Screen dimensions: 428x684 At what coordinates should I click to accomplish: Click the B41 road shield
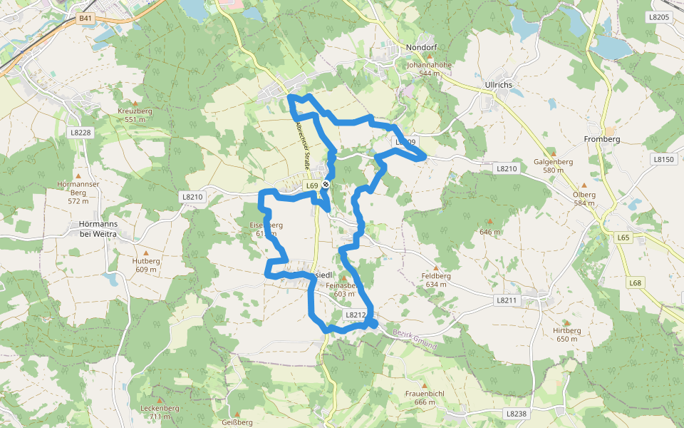(85, 18)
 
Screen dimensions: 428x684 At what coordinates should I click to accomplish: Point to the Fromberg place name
(602, 138)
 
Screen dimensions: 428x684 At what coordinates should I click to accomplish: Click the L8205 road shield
(660, 17)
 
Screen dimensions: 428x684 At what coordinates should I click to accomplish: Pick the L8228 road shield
(81, 133)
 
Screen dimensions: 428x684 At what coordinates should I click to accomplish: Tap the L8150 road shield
(663, 160)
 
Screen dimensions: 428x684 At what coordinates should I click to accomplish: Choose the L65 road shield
(624, 237)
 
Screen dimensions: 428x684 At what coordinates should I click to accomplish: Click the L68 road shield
(636, 283)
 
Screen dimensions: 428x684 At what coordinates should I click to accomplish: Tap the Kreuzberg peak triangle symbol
(135, 103)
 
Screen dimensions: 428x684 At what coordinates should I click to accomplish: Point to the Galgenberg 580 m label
(553, 165)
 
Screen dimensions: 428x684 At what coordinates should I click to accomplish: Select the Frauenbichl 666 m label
(425, 398)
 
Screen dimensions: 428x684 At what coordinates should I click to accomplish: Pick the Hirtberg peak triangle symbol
(567, 322)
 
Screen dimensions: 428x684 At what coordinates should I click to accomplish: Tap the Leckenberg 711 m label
(160, 412)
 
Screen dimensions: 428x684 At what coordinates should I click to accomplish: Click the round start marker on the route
(326, 185)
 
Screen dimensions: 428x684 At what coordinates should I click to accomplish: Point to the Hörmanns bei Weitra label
(98, 228)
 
